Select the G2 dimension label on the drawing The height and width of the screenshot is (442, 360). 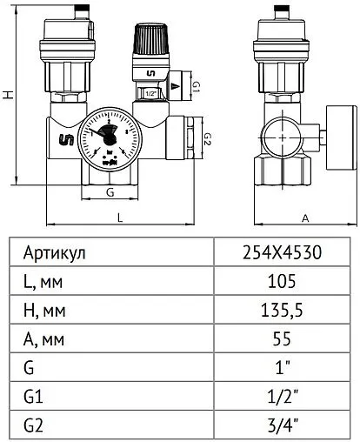click(207, 138)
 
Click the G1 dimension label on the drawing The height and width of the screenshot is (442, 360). click(196, 86)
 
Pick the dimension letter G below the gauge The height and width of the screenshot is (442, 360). click(109, 191)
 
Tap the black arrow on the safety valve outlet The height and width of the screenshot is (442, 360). click(177, 85)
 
